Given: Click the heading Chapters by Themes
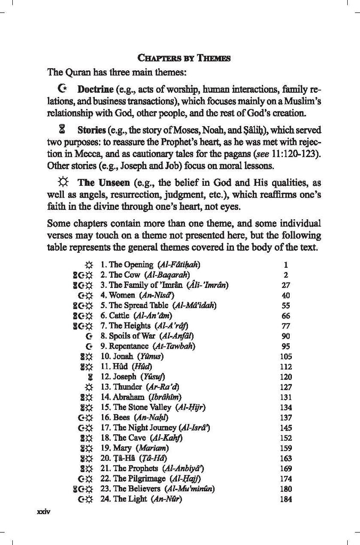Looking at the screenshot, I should click(x=184, y=59).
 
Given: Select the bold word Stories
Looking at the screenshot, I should click(x=92, y=130).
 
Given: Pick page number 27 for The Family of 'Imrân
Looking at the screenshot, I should click(x=286, y=285).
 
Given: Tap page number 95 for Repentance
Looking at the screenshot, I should click(x=286, y=346).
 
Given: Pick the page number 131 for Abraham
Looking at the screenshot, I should click(x=286, y=397).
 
